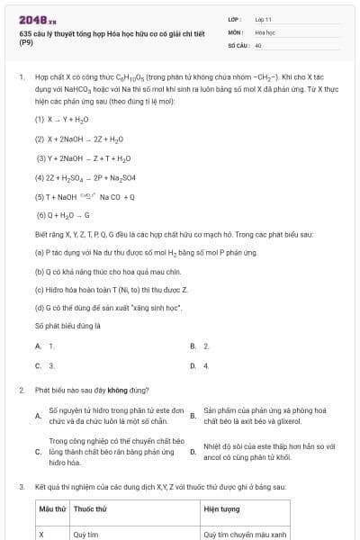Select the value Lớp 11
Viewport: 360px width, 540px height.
[x=263, y=18]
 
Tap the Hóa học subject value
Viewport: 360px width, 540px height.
[x=265, y=31]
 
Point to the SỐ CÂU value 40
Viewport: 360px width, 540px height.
[x=258, y=44]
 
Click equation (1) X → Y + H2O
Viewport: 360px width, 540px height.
[x=62, y=118]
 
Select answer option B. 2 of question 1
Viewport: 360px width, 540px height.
[x=200, y=346]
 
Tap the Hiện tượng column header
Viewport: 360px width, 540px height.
[x=221, y=509]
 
